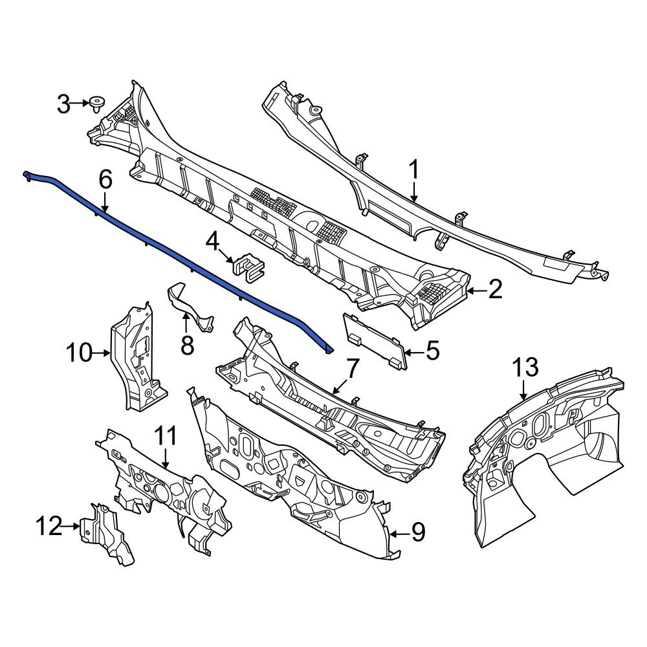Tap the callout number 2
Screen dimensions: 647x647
495,290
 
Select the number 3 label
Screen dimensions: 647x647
63,104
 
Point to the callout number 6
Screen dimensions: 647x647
105,179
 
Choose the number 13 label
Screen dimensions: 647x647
525,368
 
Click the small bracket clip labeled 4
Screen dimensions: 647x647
248,266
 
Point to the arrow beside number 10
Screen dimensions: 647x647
102,353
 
